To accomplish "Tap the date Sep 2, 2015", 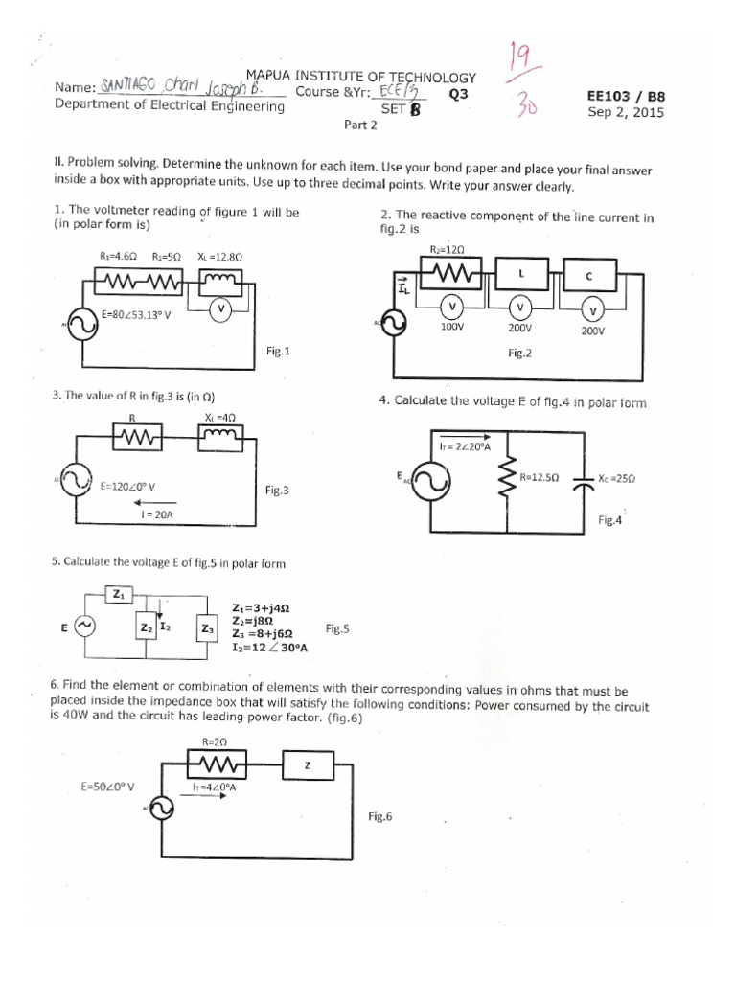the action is [x=625, y=112].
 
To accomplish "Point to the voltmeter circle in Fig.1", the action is [x=221, y=308].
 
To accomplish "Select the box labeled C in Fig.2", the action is [x=589, y=276].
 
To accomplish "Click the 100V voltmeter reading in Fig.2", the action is [x=451, y=327].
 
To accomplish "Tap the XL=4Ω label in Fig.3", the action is [x=220, y=417].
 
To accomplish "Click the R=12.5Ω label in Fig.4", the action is [x=540, y=476].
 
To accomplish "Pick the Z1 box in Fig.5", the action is [x=119, y=595].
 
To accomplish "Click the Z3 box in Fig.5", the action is [x=207, y=628].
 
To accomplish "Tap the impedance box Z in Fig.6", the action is [x=307, y=764].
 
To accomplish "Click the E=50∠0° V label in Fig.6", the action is [x=107, y=787].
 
